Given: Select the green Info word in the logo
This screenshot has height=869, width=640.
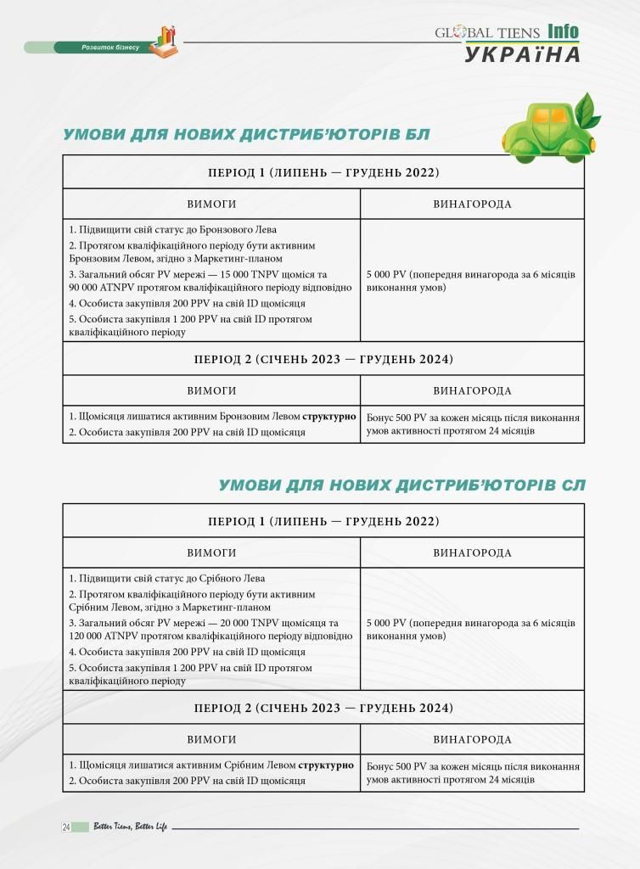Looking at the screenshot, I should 563,32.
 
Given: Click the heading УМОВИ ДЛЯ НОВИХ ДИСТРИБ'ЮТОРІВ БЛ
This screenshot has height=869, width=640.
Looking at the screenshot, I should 247,135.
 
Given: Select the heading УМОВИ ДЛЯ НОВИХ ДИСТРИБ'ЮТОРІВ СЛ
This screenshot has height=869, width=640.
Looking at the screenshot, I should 401,485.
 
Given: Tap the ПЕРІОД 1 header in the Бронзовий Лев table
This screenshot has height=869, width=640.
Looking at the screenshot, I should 323,172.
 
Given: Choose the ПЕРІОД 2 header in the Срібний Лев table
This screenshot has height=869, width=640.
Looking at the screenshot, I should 323,708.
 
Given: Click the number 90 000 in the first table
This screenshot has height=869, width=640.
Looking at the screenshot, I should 87,287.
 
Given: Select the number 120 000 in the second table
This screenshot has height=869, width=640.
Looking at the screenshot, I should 89,636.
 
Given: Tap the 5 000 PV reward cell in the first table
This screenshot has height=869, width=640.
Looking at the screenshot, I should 471,281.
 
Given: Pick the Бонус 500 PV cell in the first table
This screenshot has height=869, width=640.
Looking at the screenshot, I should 473,424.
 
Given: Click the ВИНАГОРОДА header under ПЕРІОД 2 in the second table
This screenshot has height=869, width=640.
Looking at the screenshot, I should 472,740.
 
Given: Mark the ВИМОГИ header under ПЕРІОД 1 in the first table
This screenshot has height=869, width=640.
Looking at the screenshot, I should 211,205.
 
